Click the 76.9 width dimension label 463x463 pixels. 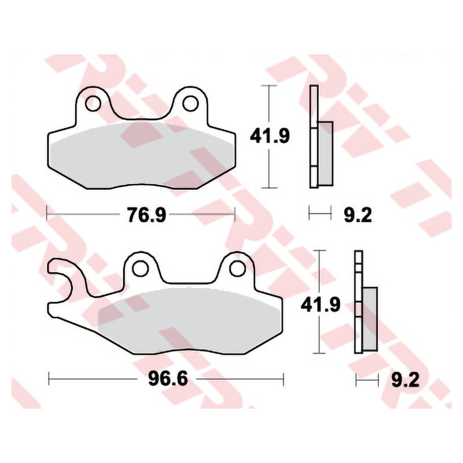146,215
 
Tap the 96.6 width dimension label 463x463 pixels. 168,379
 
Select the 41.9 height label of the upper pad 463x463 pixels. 270,136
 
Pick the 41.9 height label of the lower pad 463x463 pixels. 321,304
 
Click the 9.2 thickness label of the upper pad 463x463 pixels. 358,215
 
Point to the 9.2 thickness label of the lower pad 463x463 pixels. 405,380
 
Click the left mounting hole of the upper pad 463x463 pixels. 93,104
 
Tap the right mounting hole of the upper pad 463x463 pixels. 190,104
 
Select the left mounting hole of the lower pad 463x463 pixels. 140,269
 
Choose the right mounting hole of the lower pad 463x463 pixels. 237,269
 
